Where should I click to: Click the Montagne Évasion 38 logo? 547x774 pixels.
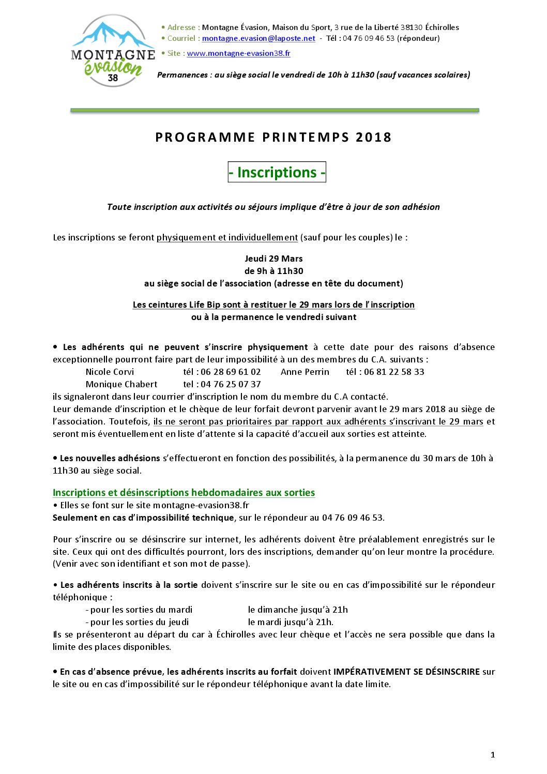tap(113, 51)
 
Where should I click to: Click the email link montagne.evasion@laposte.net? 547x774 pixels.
tap(259, 38)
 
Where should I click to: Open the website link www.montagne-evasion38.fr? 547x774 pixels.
tap(238, 53)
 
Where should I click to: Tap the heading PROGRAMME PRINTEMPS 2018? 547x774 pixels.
tap(273, 137)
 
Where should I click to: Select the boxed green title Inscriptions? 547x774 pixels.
tap(277, 172)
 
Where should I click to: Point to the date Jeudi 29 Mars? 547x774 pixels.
tap(273, 259)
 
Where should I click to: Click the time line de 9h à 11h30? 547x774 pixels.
tap(273, 271)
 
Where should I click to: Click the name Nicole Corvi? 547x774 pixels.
tap(110, 372)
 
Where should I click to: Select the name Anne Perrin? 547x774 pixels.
tap(305, 372)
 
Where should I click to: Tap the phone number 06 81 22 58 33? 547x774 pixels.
tap(394, 372)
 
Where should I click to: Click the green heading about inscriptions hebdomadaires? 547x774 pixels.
tap(184, 493)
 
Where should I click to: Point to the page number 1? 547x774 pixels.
tap(493, 755)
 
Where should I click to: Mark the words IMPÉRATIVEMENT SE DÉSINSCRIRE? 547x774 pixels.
tap(406, 672)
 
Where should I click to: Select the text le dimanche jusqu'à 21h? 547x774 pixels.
tap(298, 610)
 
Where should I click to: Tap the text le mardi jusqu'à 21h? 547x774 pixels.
tap(291, 622)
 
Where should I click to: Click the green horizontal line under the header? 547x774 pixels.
tap(275, 110)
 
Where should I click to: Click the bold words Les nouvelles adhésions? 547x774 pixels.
tap(110, 458)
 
